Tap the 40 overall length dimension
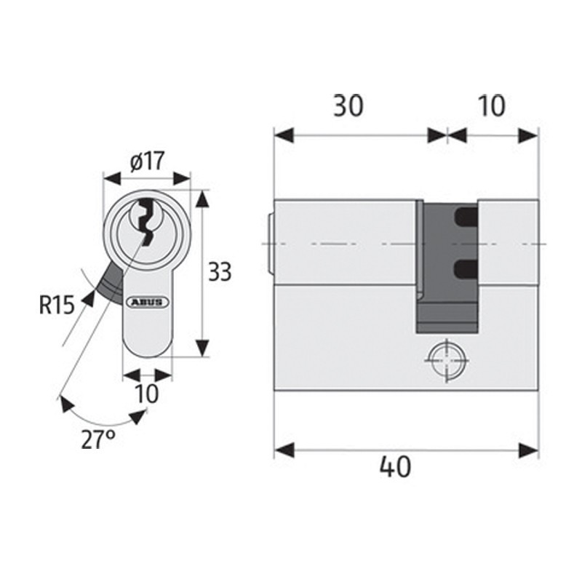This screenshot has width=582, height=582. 394,466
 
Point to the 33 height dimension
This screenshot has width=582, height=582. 220,273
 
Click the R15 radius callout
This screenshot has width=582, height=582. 57,304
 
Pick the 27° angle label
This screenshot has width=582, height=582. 97,440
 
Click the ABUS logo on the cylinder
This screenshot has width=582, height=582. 148,301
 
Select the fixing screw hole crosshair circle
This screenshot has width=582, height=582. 444,361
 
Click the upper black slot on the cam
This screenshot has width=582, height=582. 465,216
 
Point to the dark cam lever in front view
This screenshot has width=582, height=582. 111,282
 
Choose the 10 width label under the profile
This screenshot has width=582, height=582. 147,394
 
